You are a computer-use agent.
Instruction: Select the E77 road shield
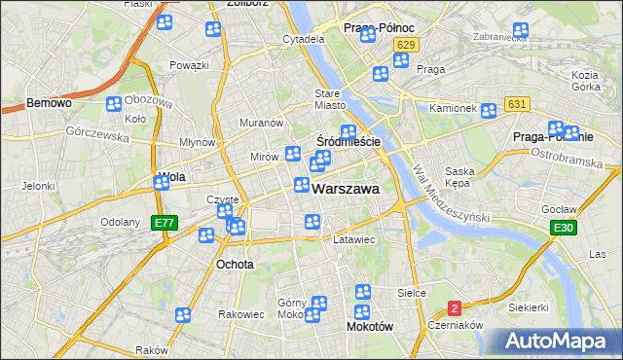pyautogui.click(x=165, y=223)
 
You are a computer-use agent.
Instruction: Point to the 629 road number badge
pyautogui.click(x=407, y=45)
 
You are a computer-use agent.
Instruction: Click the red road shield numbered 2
pyautogui.click(x=455, y=307)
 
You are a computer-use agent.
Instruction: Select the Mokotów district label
pyautogui.click(x=370, y=328)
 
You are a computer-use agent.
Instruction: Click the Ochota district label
pyautogui.click(x=235, y=264)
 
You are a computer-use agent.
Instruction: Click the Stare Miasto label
pyautogui.click(x=330, y=99)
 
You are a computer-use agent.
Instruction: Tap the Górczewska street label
pyautogui.click(x=97, y=134)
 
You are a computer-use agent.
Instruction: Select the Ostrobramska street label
pyautogui.click(x=568, y=156)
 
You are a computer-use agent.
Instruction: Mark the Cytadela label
pyautogui.click(x=303, y=39)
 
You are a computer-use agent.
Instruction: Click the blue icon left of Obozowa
pyautogui.click(x=113, y=103)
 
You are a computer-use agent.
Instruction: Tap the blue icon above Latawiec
pyautogui.click(x=312, y=223)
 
